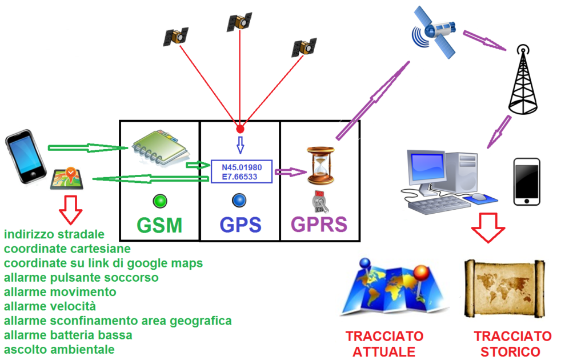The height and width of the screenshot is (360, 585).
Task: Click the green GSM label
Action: click(x=159, y=225)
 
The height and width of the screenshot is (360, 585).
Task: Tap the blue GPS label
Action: click(x=241, y=225)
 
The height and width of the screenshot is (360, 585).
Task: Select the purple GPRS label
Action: click(x=319, y=224)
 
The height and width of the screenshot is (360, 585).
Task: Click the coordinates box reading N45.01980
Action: click(x=242, y=171)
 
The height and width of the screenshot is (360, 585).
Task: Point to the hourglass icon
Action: click(x=320, y=166)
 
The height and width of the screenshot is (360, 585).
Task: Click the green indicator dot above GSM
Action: click(x=160, y=202)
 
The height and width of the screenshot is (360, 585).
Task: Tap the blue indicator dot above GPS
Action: click(x=239, y=201)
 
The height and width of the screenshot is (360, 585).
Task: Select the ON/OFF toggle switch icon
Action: click(x=320, y=202)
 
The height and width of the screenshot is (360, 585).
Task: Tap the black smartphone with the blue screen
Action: click(x=25, y=157)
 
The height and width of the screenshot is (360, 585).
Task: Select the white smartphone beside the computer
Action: click(x=527, y=182)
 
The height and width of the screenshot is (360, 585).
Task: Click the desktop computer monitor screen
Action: click(x=427, y=166)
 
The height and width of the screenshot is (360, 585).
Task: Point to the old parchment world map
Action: click(x=504, y=289)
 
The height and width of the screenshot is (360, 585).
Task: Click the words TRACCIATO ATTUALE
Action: click(x=384, y=343)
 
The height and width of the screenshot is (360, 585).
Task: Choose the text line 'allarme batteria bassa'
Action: click(x=68, y=335)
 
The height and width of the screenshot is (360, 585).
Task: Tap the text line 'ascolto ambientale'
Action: click(x=59, y=350)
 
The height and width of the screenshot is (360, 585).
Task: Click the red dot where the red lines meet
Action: click(x=241, y=130)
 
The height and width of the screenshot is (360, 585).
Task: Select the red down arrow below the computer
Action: click(x=488, y=228)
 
